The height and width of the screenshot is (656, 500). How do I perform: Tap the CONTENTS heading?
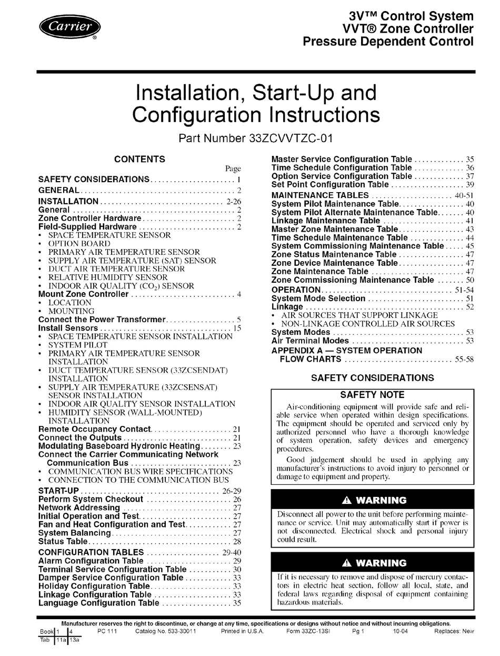[139, 159]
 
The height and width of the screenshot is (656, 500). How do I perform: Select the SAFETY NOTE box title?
[372, 395]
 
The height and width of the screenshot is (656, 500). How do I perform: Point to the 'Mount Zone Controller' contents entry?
[84, 294]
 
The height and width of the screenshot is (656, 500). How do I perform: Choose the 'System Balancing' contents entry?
[74, 533]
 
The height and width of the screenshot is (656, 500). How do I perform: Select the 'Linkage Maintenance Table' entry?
[325, 221]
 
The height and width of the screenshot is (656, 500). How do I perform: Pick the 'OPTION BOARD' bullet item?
[79, 244]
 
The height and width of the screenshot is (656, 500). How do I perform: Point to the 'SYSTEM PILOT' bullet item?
[78, 345]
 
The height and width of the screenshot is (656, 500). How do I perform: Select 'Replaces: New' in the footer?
[454, 631]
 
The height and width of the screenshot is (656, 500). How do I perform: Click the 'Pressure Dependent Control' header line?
[388, 42]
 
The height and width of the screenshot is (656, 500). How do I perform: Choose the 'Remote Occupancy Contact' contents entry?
[95, 429]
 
